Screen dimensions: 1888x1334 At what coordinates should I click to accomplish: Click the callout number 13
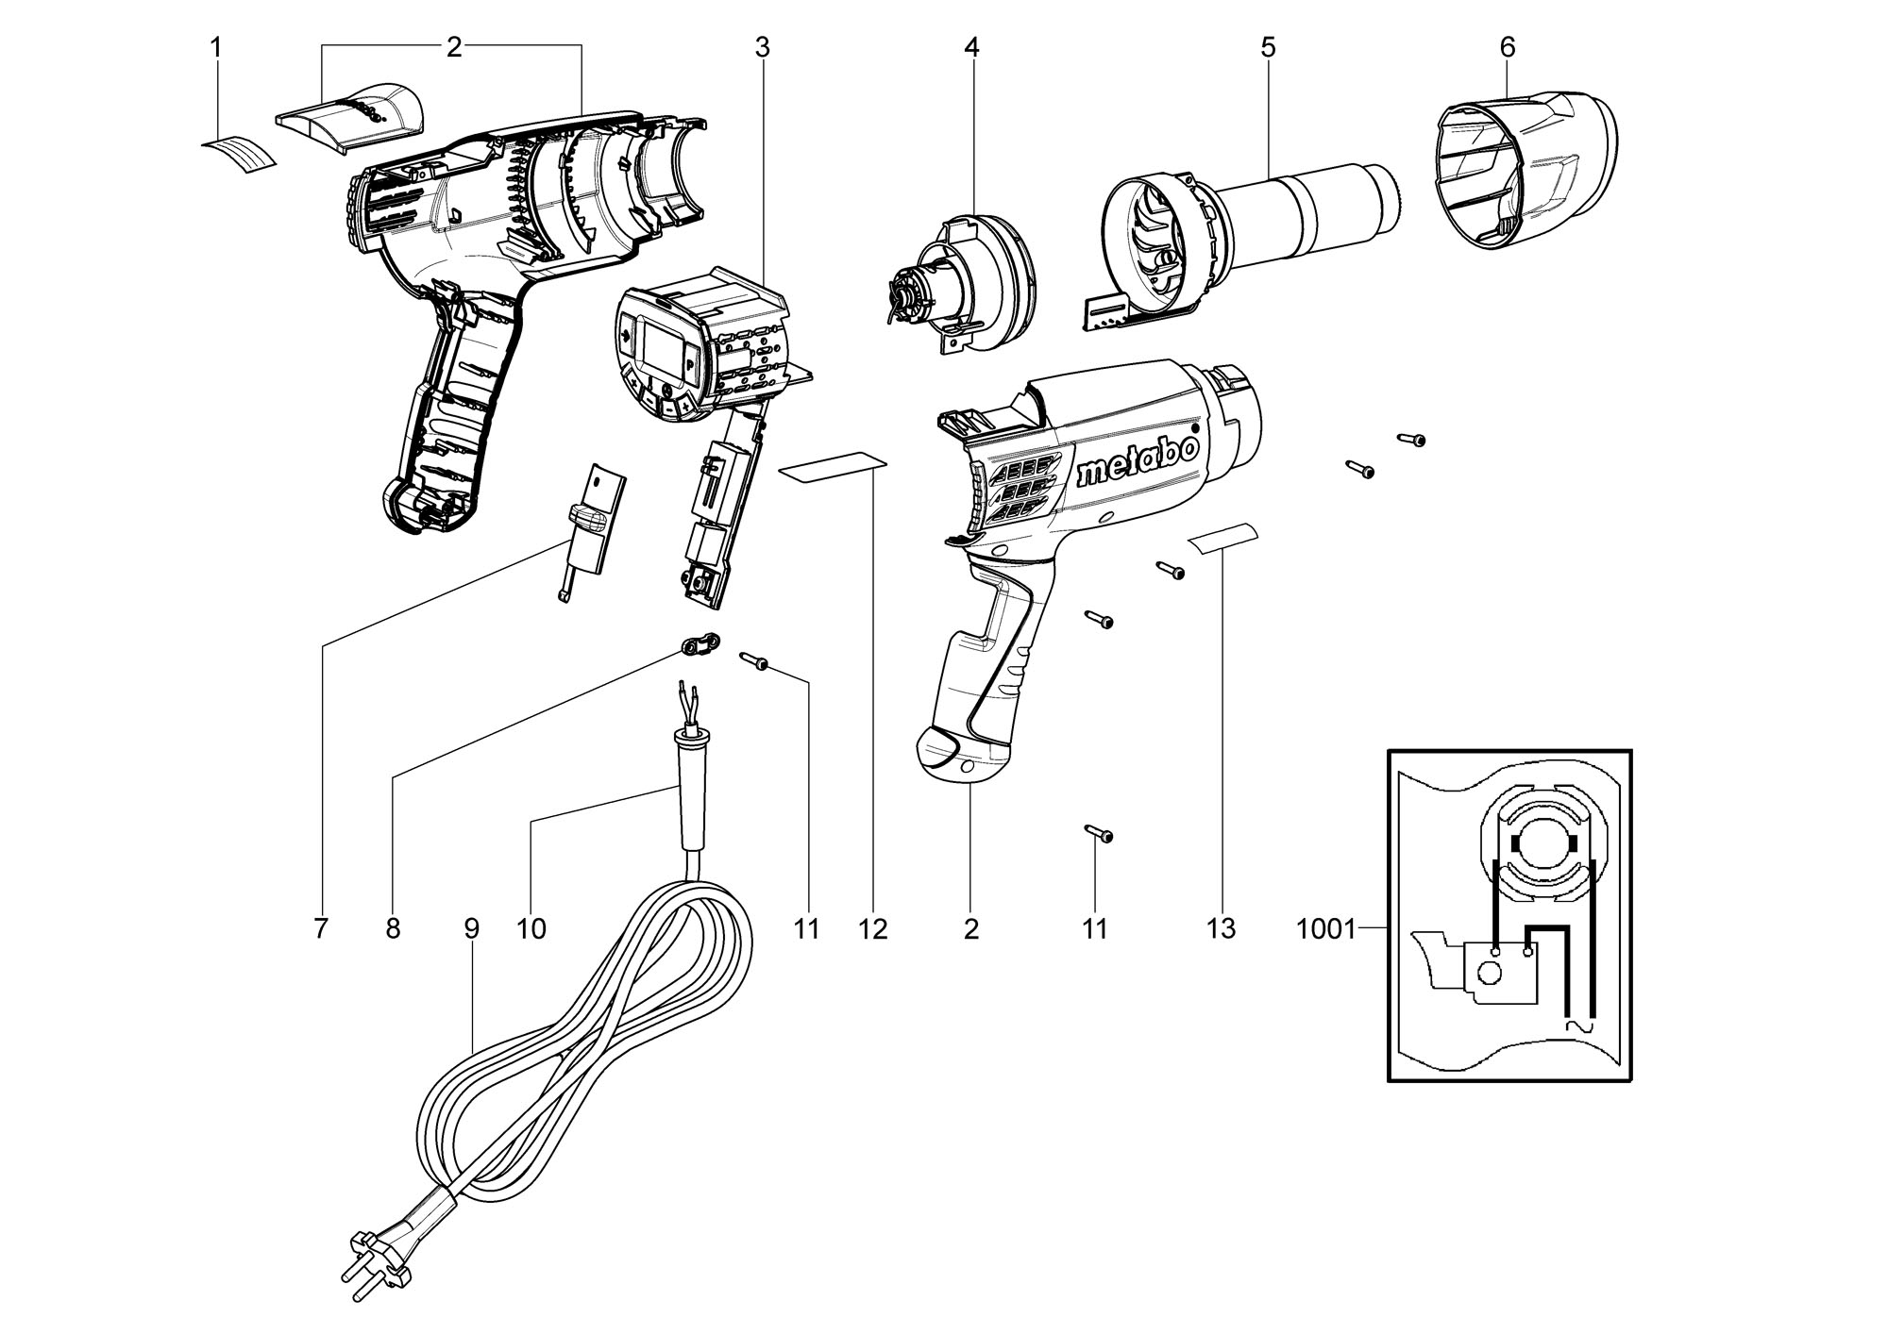pos(1221,929)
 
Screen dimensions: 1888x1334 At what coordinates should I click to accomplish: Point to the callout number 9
pos(472,929)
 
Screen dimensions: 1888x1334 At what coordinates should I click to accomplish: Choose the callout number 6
pos(1508,47)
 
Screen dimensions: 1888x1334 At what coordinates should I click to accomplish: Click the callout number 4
pos(971,47)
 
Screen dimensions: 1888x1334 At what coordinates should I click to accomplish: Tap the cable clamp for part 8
pos(700,644)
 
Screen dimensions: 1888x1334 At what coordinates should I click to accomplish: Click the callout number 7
pos(321,929)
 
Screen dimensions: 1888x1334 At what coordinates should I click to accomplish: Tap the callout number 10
pos(531,929)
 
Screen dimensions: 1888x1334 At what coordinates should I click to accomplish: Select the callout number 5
pos(1268,47)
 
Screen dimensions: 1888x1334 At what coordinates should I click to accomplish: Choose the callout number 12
pos(873,929)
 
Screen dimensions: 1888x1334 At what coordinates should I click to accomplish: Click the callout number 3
pos(762,47)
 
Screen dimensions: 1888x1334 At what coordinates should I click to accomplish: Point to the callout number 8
pos(393,929)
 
